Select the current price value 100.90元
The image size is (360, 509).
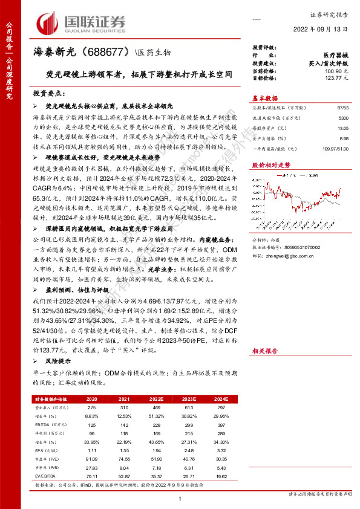pyautogui.click(x=333, y=71)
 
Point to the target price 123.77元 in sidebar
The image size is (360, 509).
pyautogui.click(x=333, y=78)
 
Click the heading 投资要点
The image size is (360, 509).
pyautogui.click(x=50, y=94)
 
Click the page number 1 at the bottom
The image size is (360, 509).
pyautogui.click(x=180, y=498)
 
